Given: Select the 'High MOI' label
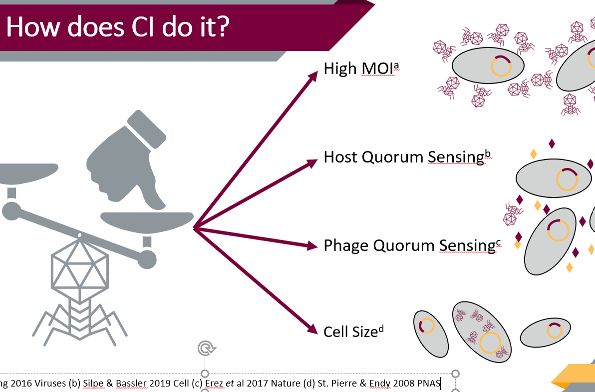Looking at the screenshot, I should pos(355,68).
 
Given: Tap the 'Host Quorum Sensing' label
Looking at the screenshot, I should pos(403,157).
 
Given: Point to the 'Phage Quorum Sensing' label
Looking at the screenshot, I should pos(407,245).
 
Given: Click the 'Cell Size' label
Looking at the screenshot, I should pos(350,331).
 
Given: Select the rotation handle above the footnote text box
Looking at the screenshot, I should pos(205,348).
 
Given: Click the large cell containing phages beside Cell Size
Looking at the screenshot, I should pos(481,332).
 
